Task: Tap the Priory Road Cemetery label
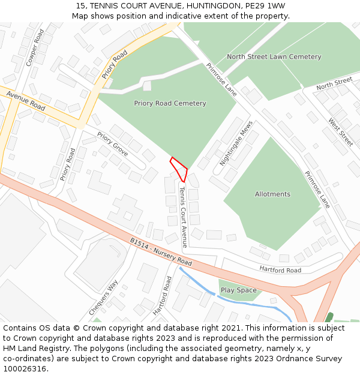(170, 103)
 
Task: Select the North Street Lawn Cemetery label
(274, 57)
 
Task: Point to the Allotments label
(272, 194)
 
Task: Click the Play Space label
(239, 290)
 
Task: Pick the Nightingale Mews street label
(236, 143)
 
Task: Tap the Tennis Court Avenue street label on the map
(184, 217)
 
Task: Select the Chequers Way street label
(103, 297)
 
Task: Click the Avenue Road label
(26, 101)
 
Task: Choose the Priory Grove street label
(112, 144)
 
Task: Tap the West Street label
(340, 132)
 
